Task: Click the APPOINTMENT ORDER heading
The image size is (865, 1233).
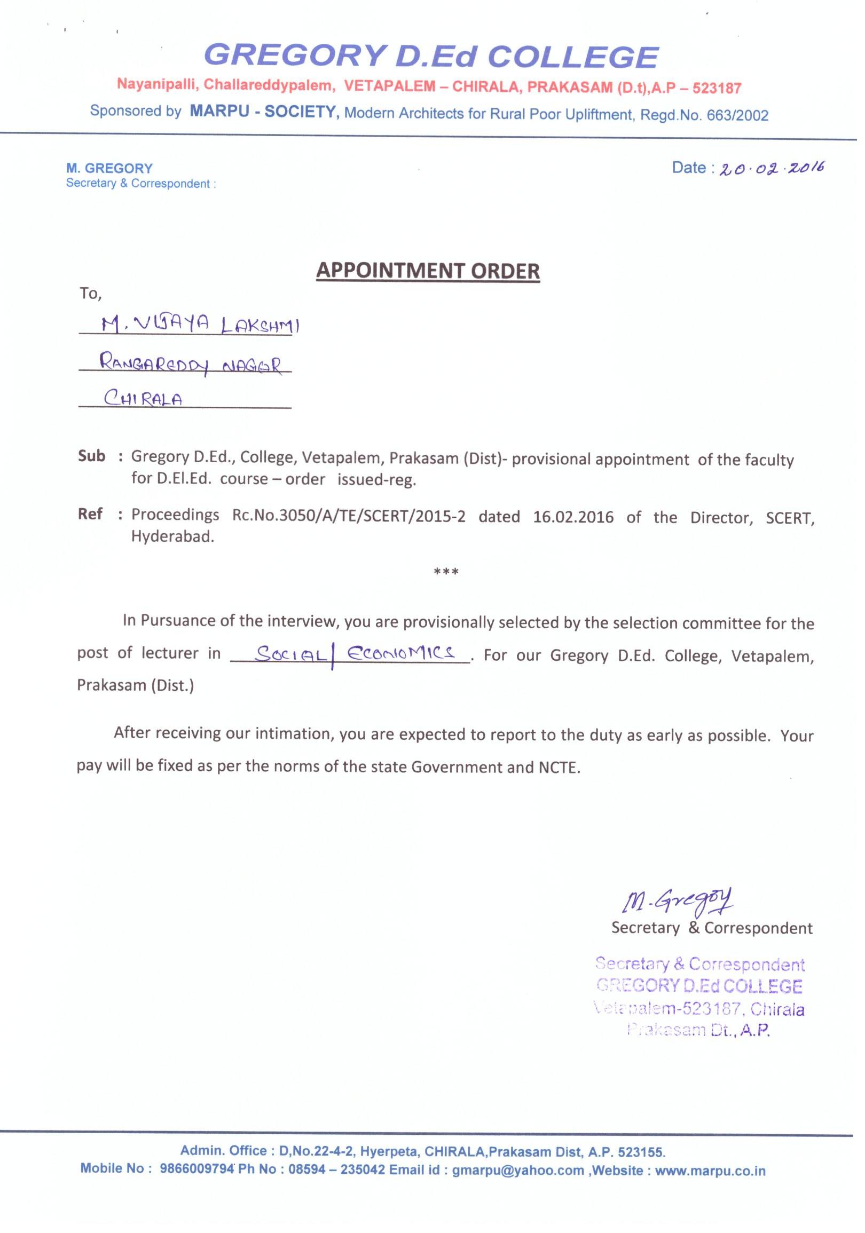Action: (428, 271)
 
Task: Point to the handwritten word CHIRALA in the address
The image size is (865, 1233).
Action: (143, 399)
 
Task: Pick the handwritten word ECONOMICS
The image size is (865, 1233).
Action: (402, 653)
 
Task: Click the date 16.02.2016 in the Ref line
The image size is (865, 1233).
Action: (573, 517)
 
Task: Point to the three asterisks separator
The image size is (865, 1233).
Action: (446, 572)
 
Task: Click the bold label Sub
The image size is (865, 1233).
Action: (91, 456)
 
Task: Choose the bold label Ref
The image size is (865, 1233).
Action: (90, 514)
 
